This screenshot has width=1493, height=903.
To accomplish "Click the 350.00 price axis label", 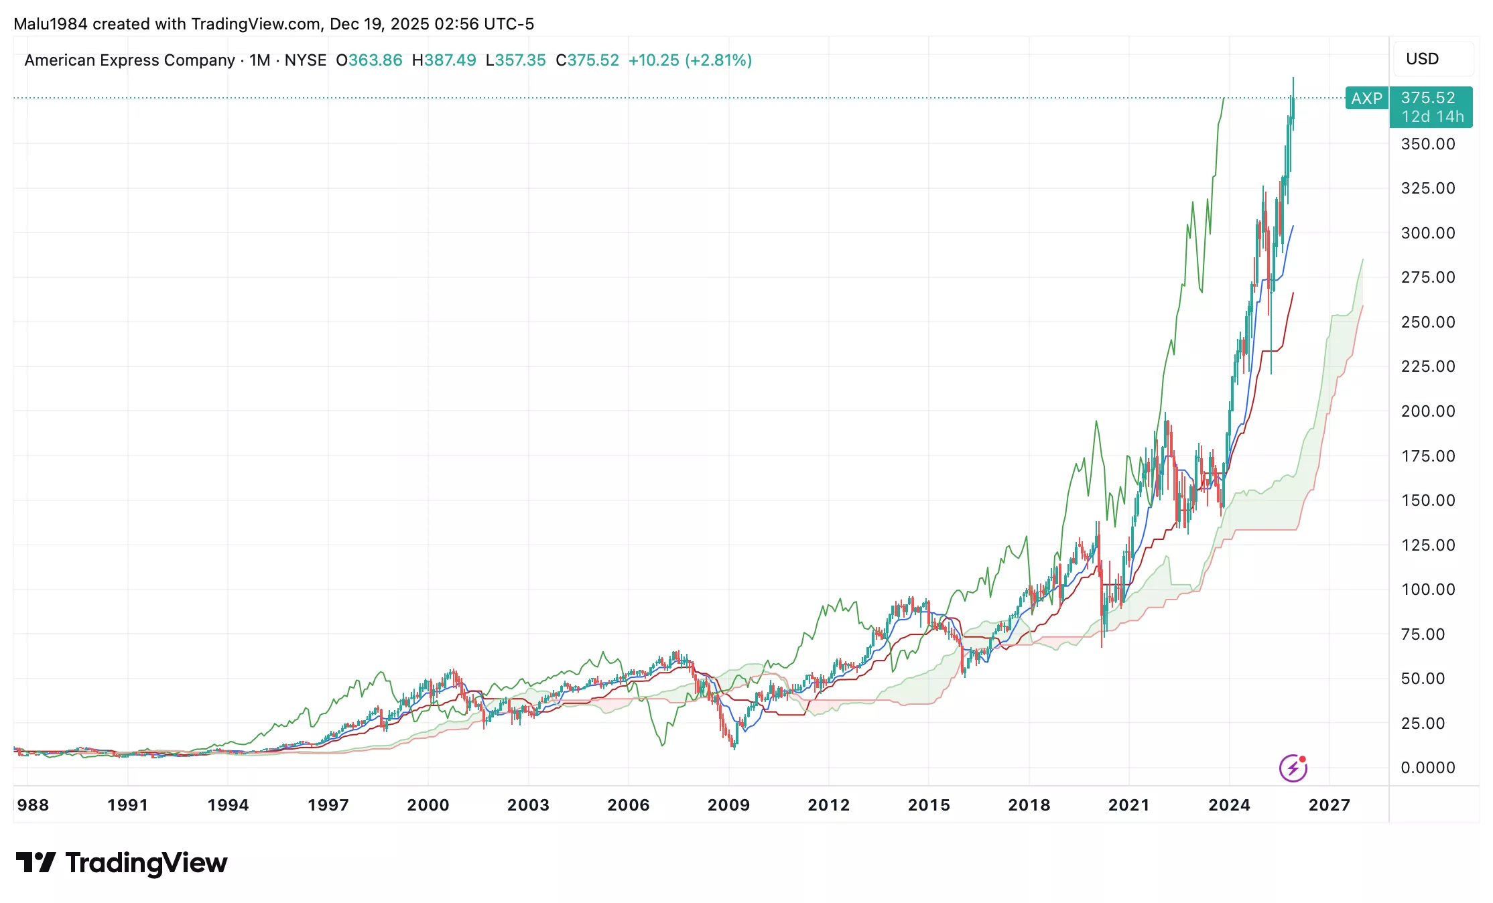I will [x=1427, y=144].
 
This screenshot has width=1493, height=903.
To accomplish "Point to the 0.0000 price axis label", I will [x=1427, y=768].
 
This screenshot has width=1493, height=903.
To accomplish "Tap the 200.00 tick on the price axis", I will [x=1427, y=411].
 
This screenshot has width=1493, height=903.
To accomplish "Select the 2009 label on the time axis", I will [x=728, y=805].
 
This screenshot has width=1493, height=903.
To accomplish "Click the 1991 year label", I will [x=127, y=805].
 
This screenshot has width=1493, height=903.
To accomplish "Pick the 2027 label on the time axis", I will [x=1329, y=805].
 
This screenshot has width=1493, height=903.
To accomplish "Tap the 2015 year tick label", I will [x=929, y=805].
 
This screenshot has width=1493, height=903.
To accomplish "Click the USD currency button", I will [x=1422, y=59].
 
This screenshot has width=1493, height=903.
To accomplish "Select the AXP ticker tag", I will [x=1366, y=98].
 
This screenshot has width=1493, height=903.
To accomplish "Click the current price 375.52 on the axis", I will [x=1428, y=98].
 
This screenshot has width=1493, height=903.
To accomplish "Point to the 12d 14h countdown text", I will [x=1433, y=117].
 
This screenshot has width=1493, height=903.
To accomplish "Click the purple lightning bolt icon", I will [x=1293, y=768].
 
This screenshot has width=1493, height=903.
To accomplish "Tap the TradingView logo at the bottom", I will [x=122, y=863].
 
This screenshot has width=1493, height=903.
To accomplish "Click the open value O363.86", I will [x=369, y=60].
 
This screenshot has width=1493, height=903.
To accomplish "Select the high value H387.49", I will [x=444, y=60].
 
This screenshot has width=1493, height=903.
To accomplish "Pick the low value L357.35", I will [x=516, y=60].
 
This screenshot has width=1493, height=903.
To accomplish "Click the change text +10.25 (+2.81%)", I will [x=690, y=60].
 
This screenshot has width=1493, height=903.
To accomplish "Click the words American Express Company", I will [x=129, y=60].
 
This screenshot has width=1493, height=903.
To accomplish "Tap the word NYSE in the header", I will [x=306, y=60].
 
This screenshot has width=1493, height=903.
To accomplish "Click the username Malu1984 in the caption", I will [x=50, y=24].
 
